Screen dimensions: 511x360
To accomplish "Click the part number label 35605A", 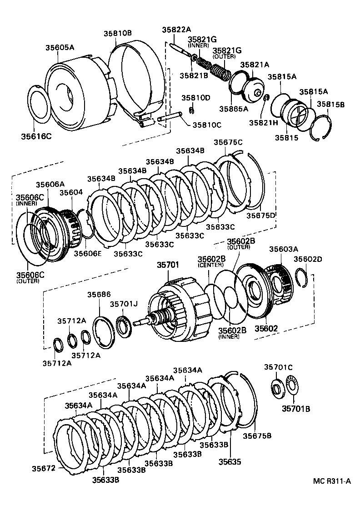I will pyautogui.click(x=60, y=47).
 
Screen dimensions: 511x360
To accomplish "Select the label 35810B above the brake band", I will pyautogui.click(x=117, y=33).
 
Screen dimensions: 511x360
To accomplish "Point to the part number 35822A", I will pyautogui.click(x=176, y=30).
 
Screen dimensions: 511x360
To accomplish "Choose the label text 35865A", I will pyautogui.click(x=233, y=109).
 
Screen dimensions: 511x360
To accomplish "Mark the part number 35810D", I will pyautogui.click(x=196, y=97).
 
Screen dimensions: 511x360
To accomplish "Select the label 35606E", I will pyautogui.click(x=88, y=253).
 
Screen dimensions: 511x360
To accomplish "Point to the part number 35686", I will pyautogui.click(x=99, y=295).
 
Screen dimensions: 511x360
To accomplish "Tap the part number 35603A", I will pyautogui.click(x=284, y=249).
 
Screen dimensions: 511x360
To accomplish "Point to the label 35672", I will pyautogui.click(x=44, y=468).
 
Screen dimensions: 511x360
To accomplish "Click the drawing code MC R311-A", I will pyautogui.click(x=332, y=481).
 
